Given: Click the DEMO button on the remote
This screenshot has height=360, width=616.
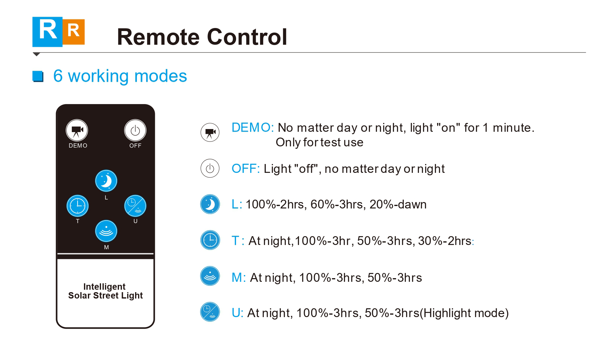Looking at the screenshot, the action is (x=77, y=130).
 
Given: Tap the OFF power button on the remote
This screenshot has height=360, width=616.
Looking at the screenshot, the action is (x=135, y=130).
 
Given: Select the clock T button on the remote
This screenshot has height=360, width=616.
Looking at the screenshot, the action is (x=78, y=206).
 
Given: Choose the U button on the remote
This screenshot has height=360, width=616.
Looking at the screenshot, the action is (x=135, y=206).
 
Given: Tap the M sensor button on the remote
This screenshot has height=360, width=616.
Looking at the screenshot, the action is (x=106, y=231).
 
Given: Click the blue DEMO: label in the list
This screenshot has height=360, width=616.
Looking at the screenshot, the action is (x=253, y=128).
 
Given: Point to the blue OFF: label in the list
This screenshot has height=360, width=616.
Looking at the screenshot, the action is (x=246, y=169).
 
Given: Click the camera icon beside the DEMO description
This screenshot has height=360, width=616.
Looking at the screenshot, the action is (x=210, y=132).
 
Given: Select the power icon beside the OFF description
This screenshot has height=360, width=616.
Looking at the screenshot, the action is (x=210, y=168).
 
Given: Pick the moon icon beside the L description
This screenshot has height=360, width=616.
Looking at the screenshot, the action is (x=210, y=204).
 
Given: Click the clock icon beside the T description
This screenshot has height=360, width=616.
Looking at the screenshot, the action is (x=210, y=240).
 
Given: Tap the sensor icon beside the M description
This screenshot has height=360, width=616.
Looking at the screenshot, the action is (x=210, y=276).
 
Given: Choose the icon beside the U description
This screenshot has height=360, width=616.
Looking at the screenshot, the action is (x=210, y=312).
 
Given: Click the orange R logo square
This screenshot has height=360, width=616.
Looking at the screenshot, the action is (x=74, y=32).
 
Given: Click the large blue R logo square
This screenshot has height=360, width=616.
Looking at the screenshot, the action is (x=47, y=32).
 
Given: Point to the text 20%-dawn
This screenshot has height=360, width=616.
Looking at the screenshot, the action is (x=398, y=204).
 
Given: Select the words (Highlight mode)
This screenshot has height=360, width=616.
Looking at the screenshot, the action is (x=464, y=313).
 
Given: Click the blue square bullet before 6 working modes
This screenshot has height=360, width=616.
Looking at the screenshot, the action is (x=38, y=76).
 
